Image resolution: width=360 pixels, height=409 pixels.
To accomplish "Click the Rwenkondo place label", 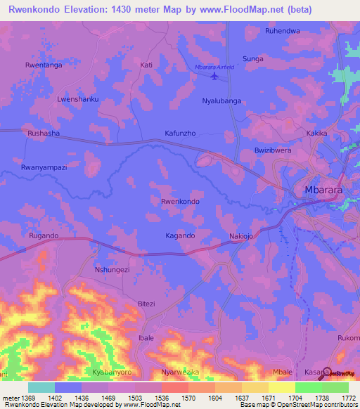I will pos(180,202).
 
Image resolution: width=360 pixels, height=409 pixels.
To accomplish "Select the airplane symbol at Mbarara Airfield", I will pos(214,77).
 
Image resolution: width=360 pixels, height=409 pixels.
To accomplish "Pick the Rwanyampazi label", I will pos(44,168).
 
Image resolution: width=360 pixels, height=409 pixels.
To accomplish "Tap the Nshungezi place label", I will pos(112,269).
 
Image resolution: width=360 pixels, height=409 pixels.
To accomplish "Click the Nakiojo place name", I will pos(243,236).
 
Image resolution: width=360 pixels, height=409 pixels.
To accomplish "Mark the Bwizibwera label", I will pos(272,151).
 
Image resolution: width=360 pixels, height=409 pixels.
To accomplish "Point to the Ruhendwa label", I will pos(282,31).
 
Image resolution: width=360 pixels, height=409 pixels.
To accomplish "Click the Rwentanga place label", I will pos(44,65).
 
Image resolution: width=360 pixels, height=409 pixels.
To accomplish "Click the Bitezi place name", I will pos(146,304).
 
